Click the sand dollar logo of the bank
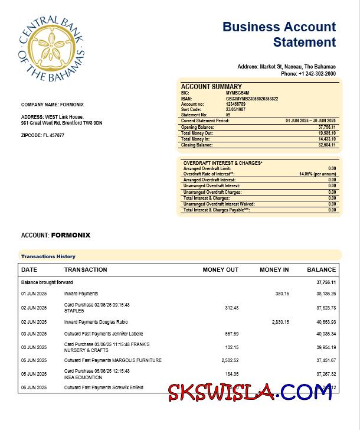click(52, 48)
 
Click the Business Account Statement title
click(279, 34)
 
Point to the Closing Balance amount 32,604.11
click(326, 145)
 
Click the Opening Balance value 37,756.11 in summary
click(326, 127)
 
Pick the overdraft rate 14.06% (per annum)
click(318, 174)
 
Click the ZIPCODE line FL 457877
click(42, 135)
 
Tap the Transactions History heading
click(48, 256)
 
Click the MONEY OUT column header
click(220, 270)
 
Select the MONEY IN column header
click(274, 270)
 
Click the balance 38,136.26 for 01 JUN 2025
click(326, 294)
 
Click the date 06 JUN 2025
click(34, 387)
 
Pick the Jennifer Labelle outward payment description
click(104, 334)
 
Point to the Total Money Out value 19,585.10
click(326, 133)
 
